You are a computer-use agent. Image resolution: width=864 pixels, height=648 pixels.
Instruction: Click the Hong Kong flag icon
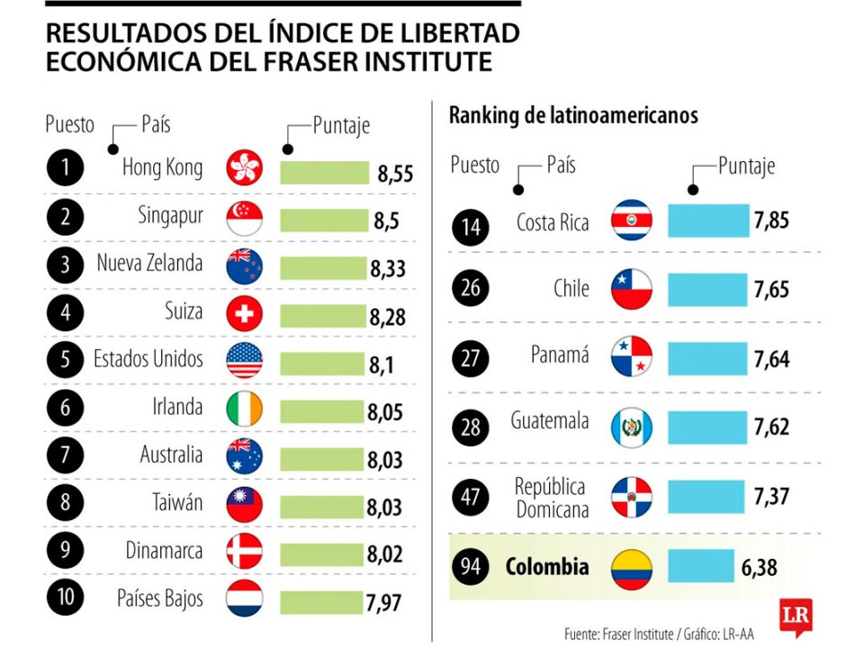(244, 168)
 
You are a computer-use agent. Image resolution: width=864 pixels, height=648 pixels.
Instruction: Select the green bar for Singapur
(325, 220)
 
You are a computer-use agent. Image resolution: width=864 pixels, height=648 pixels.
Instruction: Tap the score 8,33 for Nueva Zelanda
(387, 268)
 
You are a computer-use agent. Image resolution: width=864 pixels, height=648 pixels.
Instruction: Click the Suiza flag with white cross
(244, 314)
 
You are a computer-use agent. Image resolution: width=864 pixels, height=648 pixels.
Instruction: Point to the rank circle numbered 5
(65, 360)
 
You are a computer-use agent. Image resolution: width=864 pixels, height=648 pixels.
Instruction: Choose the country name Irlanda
(177, 407)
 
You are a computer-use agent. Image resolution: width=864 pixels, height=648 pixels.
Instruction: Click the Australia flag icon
(244, 455)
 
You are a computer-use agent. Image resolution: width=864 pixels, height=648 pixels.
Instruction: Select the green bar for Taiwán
(323, 505)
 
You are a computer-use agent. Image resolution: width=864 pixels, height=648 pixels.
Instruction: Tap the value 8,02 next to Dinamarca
(385, 553)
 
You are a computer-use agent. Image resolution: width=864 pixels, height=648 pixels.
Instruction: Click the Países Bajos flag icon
(244, 599)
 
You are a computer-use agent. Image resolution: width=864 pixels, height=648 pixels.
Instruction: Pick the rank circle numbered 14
(472, 227)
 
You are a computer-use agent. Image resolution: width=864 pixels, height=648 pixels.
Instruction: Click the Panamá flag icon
(630, 357)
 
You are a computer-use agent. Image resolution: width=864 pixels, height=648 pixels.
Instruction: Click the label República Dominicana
(551, 498)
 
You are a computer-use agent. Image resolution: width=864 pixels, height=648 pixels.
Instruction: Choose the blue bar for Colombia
(701, 567)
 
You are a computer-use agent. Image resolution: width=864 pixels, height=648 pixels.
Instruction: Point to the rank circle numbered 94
(472, 568)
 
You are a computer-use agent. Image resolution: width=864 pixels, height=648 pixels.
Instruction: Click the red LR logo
(796, 618)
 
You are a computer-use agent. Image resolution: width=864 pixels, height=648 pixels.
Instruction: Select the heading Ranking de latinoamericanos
(573, 116)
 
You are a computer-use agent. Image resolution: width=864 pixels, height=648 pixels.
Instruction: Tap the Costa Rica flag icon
(630, 220)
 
